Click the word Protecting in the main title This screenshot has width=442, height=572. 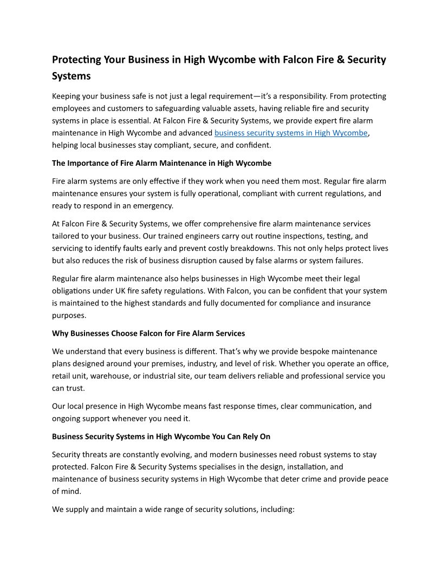point(77,60)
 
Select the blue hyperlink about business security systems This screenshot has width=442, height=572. point(291,133)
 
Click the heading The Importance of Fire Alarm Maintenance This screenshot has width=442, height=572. point(161,162)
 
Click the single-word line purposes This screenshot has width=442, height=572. point(69,315)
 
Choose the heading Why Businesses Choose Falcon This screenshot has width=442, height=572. point(148,333)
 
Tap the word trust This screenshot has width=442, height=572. point(76,388)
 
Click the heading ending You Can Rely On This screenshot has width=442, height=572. point(161,436)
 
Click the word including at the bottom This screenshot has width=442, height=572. point(274,510)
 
